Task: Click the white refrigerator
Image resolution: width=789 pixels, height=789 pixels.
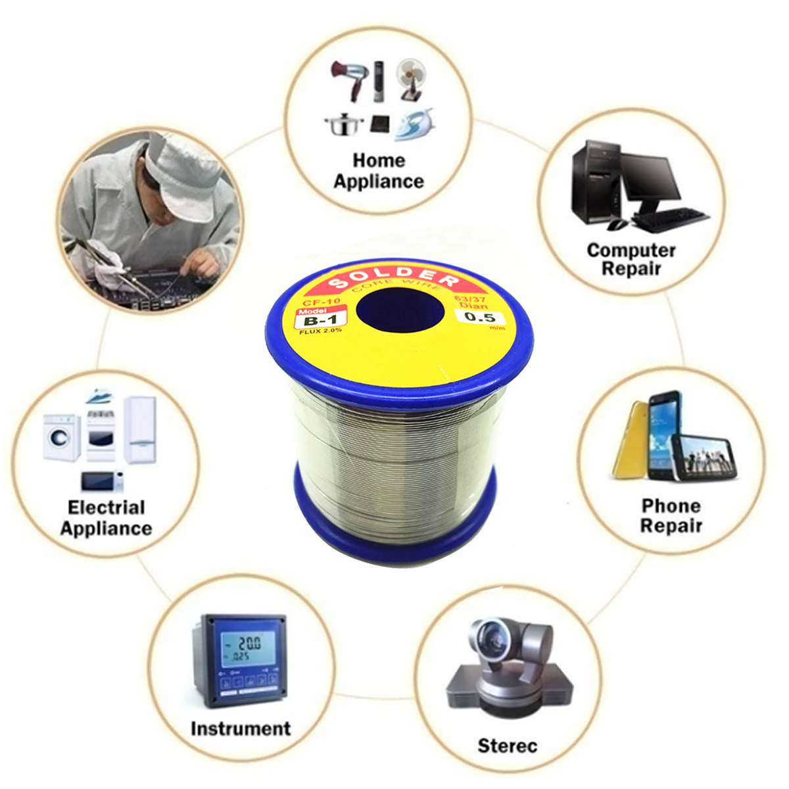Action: pyautogui.click(x=140, y=429)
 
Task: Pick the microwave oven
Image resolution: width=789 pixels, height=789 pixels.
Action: pyautogui.click(x=102, y=482)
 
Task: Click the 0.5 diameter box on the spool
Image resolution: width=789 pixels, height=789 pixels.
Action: pyautogui.click(x=479, y=318)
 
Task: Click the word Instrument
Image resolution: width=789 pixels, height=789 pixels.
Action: pyautogui.click(x=240, y=729)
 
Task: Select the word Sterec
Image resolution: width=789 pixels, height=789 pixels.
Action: pyautogui.click(x=507, y=746)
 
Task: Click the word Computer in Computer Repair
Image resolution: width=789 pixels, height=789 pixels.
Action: pyautogui.click(x=631, y=251)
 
